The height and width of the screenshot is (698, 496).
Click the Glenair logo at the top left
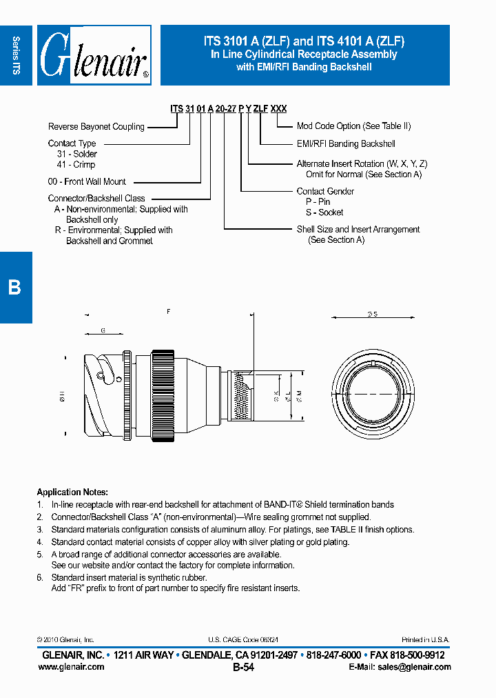coord(94,55)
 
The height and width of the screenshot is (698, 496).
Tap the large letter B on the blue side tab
coord(14,288)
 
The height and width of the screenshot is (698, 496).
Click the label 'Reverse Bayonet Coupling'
coord(96,127)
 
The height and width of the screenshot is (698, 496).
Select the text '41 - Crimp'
coord(76,165)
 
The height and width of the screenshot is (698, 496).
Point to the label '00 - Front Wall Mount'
coord(87,182)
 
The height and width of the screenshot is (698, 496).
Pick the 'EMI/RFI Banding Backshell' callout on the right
coord(346,144)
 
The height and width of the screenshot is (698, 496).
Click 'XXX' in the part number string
coord(278,109)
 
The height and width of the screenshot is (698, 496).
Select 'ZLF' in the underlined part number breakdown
coord(260,109)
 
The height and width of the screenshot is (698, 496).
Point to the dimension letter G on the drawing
coord(103,331)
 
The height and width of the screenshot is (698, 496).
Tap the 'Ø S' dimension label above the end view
coord(372,315)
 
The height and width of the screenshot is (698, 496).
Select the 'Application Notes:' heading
coord(72,492)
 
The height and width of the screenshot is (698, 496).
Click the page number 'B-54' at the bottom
coord(244,667)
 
